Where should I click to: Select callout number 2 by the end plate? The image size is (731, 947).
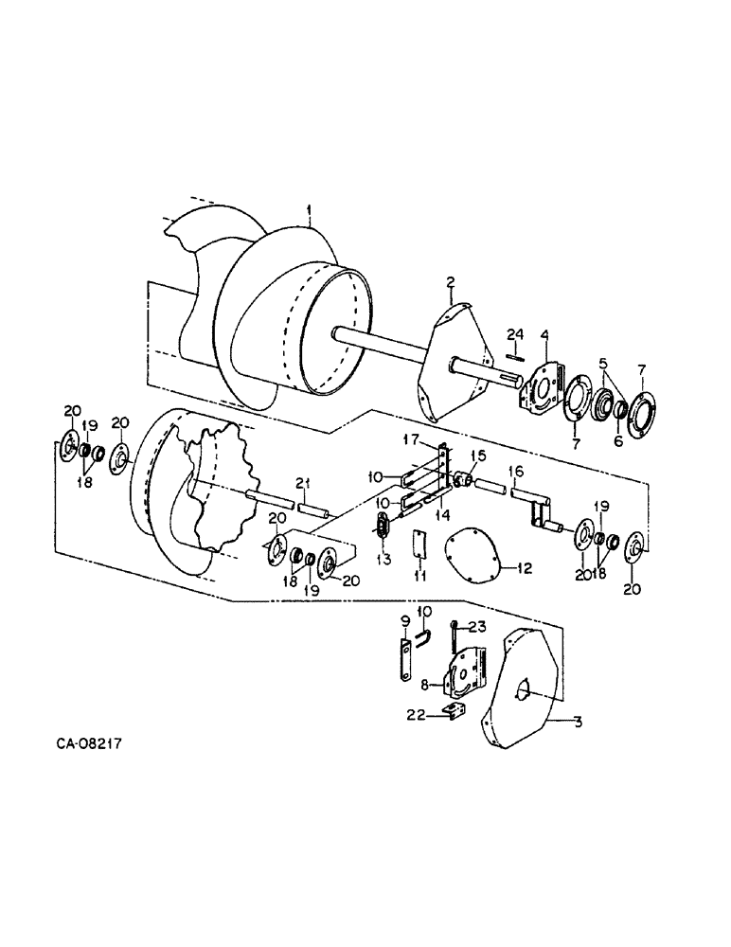pyautogui.click(x=451, y=281)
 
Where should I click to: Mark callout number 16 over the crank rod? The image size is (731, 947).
pyautogui.click(x=516, y=471)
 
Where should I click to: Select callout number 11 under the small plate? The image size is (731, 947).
pyautogui.click(x=419, y=575)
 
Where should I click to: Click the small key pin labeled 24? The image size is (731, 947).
pyautogui.click(x=514, y=356)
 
